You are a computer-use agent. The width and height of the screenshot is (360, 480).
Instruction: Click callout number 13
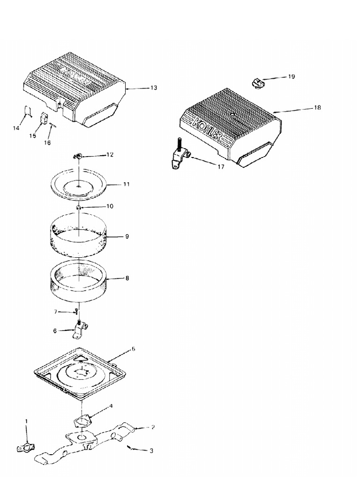(154, 88)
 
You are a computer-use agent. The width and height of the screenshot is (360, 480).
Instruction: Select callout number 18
(317, 107)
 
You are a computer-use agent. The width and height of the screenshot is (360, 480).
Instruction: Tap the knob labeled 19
(258, 83)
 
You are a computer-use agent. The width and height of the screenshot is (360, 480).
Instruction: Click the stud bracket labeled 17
(178, 155)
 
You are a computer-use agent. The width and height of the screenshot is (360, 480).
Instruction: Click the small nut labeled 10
(80, 207)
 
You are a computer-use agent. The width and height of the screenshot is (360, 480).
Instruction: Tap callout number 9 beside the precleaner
(127, 237)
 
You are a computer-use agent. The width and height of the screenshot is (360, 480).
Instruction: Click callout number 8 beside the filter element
(127, 278)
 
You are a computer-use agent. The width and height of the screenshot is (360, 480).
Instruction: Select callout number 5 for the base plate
(133, 349)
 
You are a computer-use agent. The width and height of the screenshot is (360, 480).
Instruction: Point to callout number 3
(151, 450)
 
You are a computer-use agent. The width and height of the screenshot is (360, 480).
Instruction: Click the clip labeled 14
(28, 112)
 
